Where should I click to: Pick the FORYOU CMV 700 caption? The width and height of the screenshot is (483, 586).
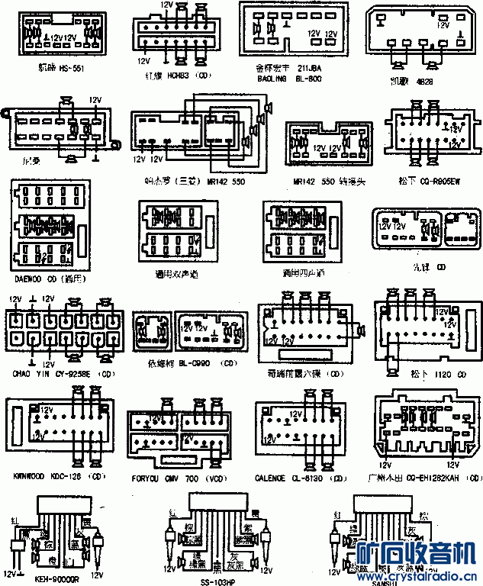click(177, 478)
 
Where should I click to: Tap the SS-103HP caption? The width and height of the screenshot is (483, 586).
click(218, 581)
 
